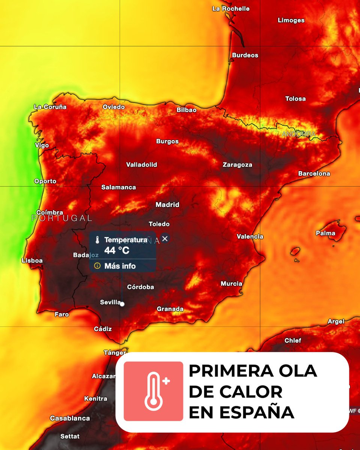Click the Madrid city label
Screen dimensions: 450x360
coord(168,205)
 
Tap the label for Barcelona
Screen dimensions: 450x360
coord(314,174)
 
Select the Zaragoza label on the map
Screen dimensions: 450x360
coord(237,165)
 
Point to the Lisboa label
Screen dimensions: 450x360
coord(32,260)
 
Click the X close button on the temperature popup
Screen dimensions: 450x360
coord(165,238)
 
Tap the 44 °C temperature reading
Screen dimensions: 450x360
coord(117,250)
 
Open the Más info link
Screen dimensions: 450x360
coord(120,266)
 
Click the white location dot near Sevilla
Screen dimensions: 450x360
coord(122,304)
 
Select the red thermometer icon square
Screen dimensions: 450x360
coord(153,391)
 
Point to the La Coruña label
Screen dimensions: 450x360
coord(50,107)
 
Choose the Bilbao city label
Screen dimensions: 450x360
coord(186,110)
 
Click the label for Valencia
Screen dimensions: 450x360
coord(250,236)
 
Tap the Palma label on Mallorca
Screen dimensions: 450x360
coord(325,233)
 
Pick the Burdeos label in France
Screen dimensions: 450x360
coord(245,55)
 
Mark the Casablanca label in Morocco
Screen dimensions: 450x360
coord(70,418)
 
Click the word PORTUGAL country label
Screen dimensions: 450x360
coord(62,218)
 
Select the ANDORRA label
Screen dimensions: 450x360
coord(299,134)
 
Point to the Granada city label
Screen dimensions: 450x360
coord(170,309)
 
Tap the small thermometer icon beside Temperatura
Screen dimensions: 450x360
coord(97,240)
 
